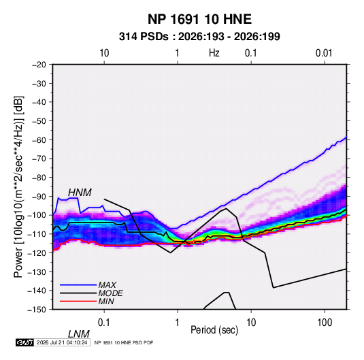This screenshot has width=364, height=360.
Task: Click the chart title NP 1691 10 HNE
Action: (x=199, y=19)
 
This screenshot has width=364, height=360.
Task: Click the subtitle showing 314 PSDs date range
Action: (x=199, y=37)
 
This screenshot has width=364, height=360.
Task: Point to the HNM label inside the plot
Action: (x=80, y=193)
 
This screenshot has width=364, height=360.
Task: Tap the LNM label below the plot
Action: (x=79, y=334)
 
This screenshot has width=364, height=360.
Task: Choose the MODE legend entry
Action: (x=91, y=293)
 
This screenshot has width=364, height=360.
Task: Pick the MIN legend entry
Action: (x=87, y=301)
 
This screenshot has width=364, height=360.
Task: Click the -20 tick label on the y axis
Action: (x=39, y=65)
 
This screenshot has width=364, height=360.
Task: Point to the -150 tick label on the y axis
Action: (x=37, y=310)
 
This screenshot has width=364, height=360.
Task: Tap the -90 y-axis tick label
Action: (x=39, y=196)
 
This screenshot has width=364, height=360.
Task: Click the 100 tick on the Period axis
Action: (x=325, y=323)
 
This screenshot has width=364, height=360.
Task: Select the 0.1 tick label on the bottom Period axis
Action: (x=104, y=323)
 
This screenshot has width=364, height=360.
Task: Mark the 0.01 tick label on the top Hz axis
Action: (x=324, y=53)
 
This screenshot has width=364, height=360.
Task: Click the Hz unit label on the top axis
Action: (x=214, y=53)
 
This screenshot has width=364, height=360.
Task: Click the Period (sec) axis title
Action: (x=214, y=330)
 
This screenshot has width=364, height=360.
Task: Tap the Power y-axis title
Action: (x=18, y=187)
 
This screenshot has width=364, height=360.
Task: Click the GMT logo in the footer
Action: (x=25, y=342)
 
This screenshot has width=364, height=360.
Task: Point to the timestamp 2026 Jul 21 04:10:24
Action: (x=62, y=342)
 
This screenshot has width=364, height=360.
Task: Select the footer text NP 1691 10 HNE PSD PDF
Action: (x=124, y=342)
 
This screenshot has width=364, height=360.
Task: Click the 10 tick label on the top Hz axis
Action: (x=104, y=53)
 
